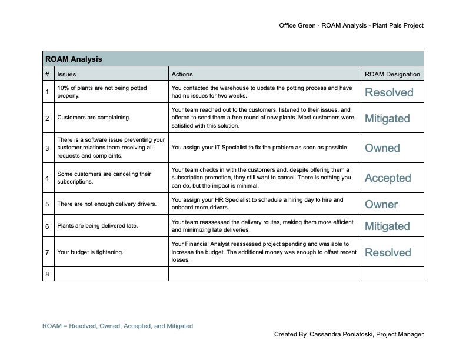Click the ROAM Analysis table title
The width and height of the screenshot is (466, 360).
click(74, 59)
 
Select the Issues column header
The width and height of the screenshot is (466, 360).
click(66, 75)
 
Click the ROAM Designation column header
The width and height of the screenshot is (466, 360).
click(392, 75)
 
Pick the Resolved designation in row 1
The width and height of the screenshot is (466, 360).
click(389, 92)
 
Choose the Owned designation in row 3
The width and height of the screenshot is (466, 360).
click(382, 148)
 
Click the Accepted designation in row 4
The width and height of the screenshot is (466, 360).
click(388, 178)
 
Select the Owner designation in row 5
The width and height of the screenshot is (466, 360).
click(381, 205)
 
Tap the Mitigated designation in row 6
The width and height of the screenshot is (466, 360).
click(387, 226)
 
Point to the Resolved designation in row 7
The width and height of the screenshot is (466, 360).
click(388, 252)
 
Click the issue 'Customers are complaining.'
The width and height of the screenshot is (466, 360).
click(94, 118)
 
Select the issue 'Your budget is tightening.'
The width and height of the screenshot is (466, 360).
click(90, 252)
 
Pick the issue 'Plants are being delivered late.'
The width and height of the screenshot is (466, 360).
click(97, 226)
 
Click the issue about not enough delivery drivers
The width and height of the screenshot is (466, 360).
click(106, 204)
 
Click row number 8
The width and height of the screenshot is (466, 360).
click(47, 274)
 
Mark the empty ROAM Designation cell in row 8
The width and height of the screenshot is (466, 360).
click(392, 274)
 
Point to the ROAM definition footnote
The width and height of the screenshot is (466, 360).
click(118, 326)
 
